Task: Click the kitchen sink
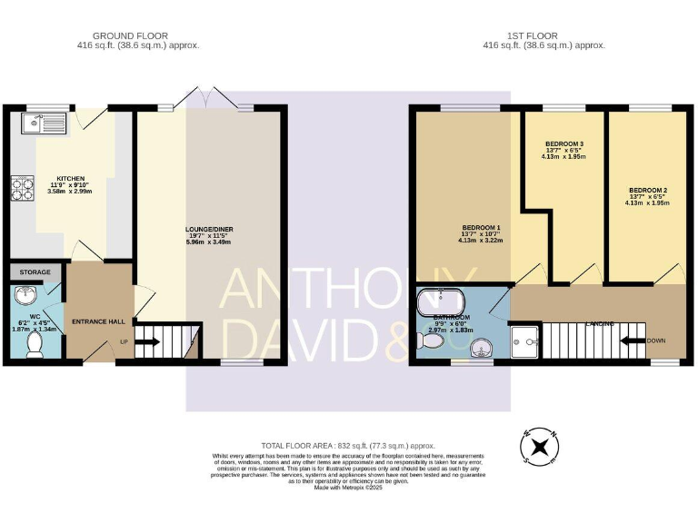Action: click(43, 120)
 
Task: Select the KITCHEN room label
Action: click(71, 179)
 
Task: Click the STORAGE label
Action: click(35, 271)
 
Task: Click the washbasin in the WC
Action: click(25, 297)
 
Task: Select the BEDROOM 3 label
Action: click(563, 144)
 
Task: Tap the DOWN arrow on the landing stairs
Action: click(631, 341)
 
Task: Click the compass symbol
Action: click(539, 446)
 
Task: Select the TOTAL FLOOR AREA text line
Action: click(347, 446)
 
